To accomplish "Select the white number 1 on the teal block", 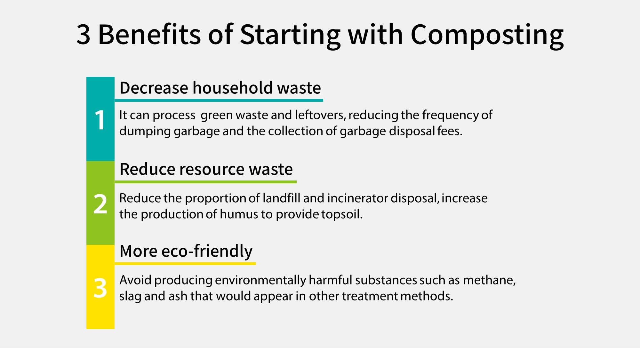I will pos(100,120).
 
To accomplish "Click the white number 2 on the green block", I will pos(100,204).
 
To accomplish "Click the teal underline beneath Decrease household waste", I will pos(219,100).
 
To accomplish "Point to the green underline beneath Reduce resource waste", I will pos(206,182).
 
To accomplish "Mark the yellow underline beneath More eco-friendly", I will pos(185,264).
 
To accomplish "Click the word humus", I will pos(239,214).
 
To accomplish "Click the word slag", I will pos(130,296).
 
